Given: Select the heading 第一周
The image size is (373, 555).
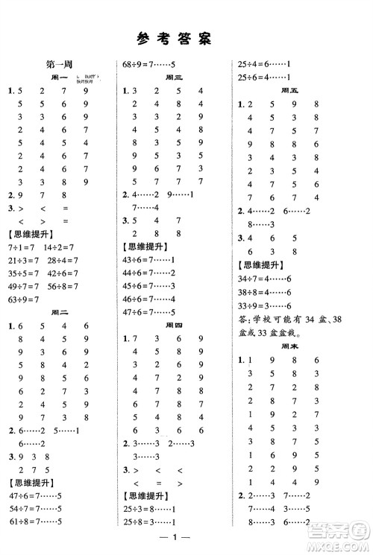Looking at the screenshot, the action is tap(58, 66).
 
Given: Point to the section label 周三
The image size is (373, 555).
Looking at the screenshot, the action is tap(173, 77).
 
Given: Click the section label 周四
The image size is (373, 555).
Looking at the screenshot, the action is tap(173, 326).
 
